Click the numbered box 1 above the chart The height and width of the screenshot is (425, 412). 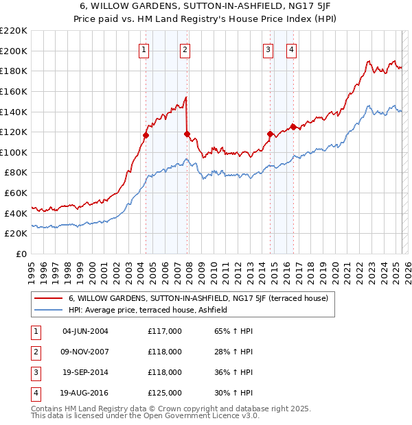point(144,49)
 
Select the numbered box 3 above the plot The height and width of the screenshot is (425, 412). point(268,49)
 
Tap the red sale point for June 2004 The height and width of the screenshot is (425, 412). point(146,136)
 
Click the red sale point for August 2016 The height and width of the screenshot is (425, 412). point(293,126)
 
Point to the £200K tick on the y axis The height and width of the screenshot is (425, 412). point(14,51)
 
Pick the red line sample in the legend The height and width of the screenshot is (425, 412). point(49,298)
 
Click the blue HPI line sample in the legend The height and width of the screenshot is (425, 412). point(49,310)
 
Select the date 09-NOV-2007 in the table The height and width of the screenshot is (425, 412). point(85,352)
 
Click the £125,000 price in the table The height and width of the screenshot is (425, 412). point(164,393)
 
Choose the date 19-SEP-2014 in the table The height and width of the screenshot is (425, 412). point(85,372)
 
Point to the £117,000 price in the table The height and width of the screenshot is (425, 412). point(164,331)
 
